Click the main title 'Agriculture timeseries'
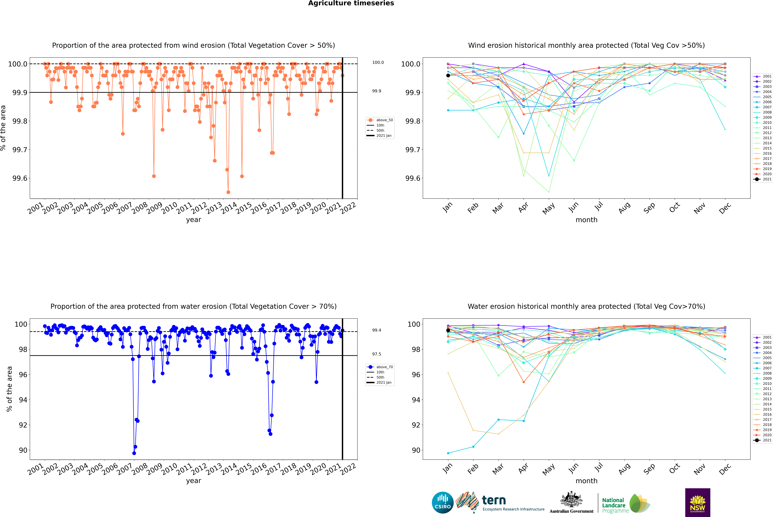[x=351, y=3]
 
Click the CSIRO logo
[x=443, y=503]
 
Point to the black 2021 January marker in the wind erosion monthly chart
[x=448, y=76]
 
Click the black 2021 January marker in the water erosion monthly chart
[x=448, y=330]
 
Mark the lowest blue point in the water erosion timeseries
[x=134, y=453]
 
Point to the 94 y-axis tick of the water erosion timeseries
[x=23, y=400]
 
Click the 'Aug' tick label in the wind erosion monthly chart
[x=624, y=208]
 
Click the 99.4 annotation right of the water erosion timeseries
[x=377, y=330]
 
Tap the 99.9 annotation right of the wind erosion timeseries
[x=377, y=91]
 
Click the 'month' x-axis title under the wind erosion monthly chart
[x=586, y=220]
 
